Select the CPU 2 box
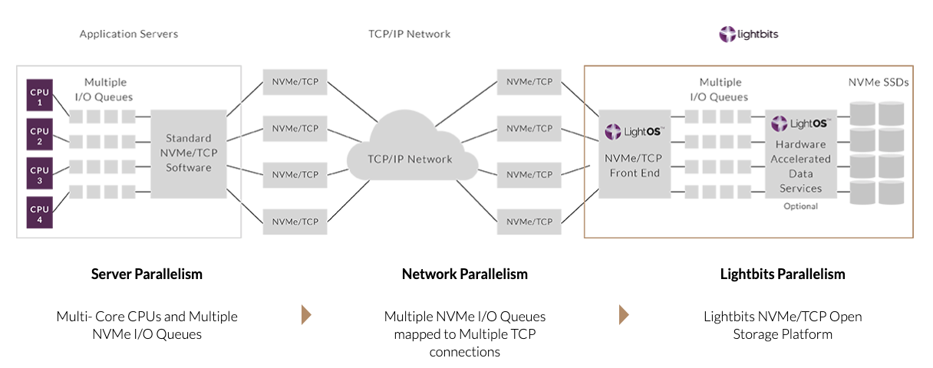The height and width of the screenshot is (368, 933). [x=39, y=136]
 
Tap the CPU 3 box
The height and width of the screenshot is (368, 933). [x=39, y=175]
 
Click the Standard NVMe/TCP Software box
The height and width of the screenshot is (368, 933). [x=188, y=153]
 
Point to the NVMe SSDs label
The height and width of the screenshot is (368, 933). [x=879, y=82]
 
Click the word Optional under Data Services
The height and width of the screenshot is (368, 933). [x=800, y=206]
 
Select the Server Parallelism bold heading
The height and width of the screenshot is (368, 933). [x=147, y=274]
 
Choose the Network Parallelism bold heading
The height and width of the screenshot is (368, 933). [x=464, y=274]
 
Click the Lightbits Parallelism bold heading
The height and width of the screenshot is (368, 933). [x=783, y=274]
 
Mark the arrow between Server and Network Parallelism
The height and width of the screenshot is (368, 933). [x=306, y=315]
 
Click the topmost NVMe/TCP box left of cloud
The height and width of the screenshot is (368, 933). [x=295, y=82]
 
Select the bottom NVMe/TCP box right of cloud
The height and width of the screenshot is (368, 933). [x=529, y=222]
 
